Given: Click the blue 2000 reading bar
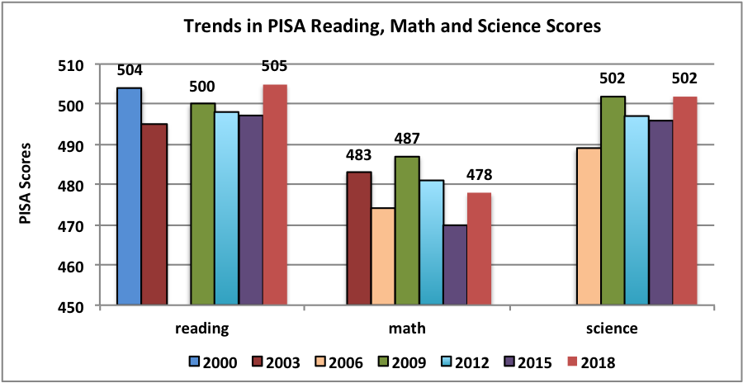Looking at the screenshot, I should pos(129,196).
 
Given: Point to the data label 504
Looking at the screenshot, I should pos(130,70).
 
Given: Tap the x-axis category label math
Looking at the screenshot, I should pos(407,329).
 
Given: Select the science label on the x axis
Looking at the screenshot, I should pos(613,329).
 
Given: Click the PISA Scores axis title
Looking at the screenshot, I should pos(28,185).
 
